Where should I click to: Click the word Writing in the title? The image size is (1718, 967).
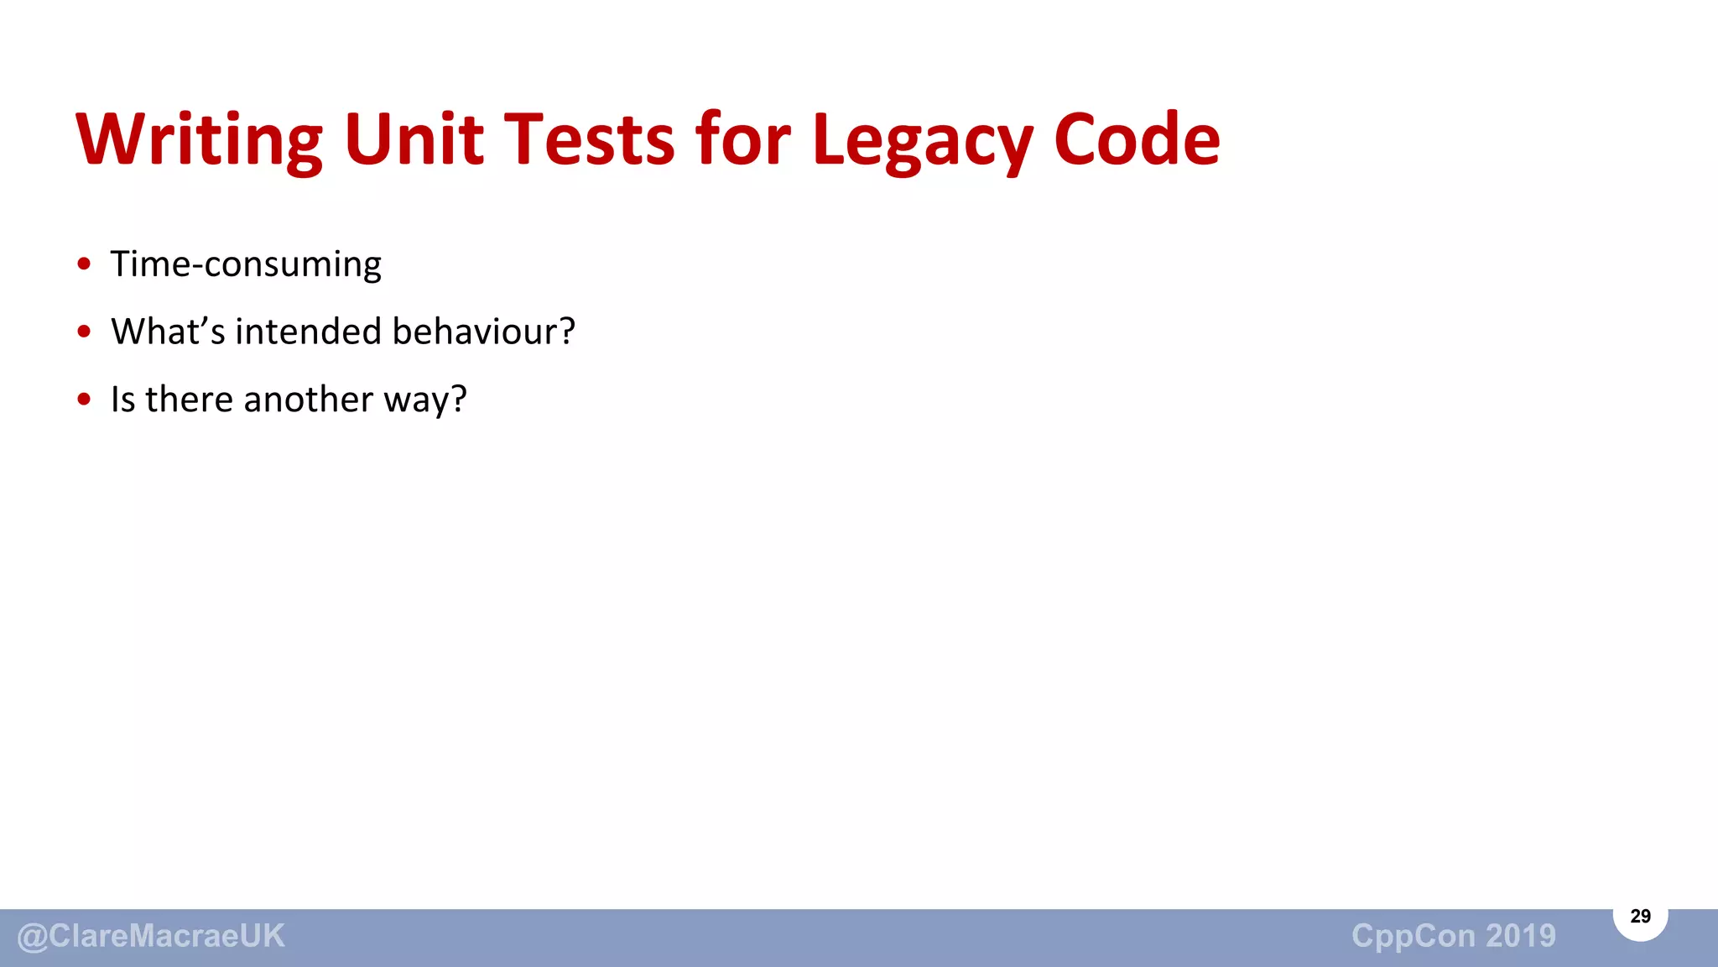click(x=199, y=139)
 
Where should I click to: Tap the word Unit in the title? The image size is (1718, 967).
click(x=414, y=139)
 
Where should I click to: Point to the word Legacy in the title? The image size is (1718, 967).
click(x=921, y=139)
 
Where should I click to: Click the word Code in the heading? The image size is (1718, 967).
click(x=1137, y=139)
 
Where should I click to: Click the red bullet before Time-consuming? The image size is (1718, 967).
click(x=84, y=264)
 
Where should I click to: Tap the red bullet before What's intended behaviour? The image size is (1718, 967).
click(x=84, y=332)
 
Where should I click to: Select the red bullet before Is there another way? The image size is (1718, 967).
click(x=84, y=400)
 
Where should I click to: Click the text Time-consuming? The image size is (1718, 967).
click(x=246, y=264)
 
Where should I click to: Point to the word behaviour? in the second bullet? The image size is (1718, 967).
click(x=484, y=332)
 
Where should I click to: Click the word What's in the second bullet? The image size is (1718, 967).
click(x=168, y=332)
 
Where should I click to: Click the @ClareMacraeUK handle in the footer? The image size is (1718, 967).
click(x=151, y=936)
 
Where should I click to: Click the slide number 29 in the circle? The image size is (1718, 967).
click(x=1640, y=917)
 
